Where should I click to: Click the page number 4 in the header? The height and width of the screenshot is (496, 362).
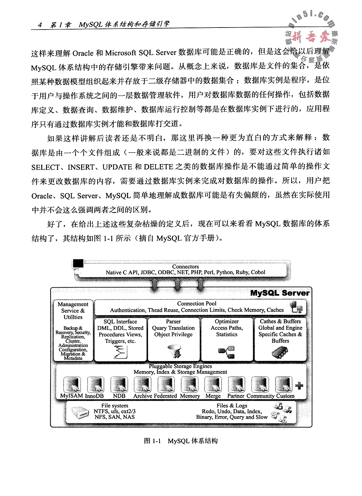(x=40, y=25)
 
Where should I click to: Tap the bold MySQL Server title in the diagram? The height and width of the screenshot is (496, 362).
(x=280, y=293)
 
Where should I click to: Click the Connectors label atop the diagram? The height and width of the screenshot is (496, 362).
(x=185, y=266)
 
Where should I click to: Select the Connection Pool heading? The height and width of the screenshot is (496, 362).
(x=197, y=303)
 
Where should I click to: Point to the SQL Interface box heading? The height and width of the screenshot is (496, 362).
(x=120, y=321)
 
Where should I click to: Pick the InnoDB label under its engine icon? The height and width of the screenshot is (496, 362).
(x=95, y=396)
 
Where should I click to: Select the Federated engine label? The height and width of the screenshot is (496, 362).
(x=166, y=396)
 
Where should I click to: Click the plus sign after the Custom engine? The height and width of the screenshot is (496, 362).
(x=299, y=386)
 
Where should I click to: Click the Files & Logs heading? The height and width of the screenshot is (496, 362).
(x=232, y=405)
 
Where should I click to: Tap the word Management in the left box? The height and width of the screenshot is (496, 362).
(x=73, y=304)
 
